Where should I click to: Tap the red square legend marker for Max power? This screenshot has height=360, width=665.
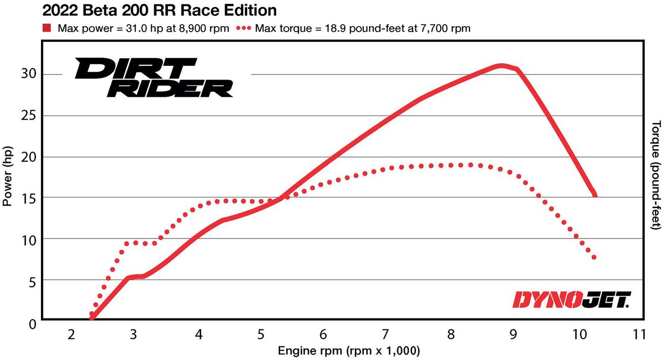(x=47, y=28)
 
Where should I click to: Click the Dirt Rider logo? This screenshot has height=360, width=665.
(x=154, y=77)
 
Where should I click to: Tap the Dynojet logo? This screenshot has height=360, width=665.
(x=571, y=299)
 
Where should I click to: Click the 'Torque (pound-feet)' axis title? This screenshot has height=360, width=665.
(x=656, y=175)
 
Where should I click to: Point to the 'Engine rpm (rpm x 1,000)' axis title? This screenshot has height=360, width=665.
(x=349, y=351)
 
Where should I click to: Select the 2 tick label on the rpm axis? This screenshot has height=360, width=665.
(x=71, y=335)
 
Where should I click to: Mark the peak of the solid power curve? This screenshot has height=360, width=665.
(x=501, y=65)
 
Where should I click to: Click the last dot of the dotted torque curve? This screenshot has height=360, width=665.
(x=594, y=257)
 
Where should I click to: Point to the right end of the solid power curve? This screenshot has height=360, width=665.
(x=595, y=195)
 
